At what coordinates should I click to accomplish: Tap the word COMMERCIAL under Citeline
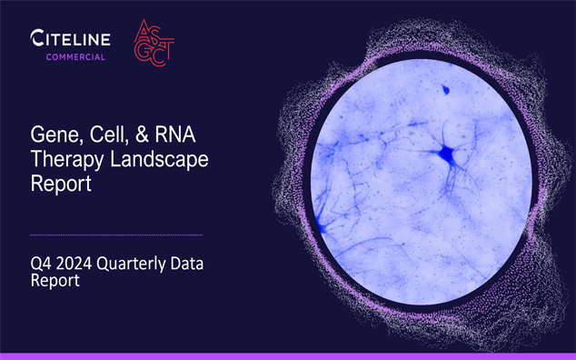point(76,57)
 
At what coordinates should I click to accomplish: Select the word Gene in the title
point(50,135)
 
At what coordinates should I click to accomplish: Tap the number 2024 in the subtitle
point(77,265)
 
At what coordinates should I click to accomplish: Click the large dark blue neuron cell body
point(446,156)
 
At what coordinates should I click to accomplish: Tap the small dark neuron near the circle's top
point(446,89)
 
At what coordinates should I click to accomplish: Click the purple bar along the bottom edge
point(288,355)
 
